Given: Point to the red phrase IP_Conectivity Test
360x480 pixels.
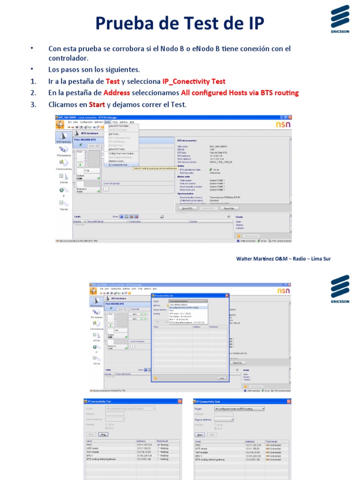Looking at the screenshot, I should (194, 81).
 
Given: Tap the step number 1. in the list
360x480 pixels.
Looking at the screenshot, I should (33, 81).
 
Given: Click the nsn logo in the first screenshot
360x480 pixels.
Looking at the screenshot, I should (283, 125).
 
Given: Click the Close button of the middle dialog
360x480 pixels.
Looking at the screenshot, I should (221, 377).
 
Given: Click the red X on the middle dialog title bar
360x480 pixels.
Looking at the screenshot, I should (227, 296).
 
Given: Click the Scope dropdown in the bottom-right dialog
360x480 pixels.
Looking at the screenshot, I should (239, 409).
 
